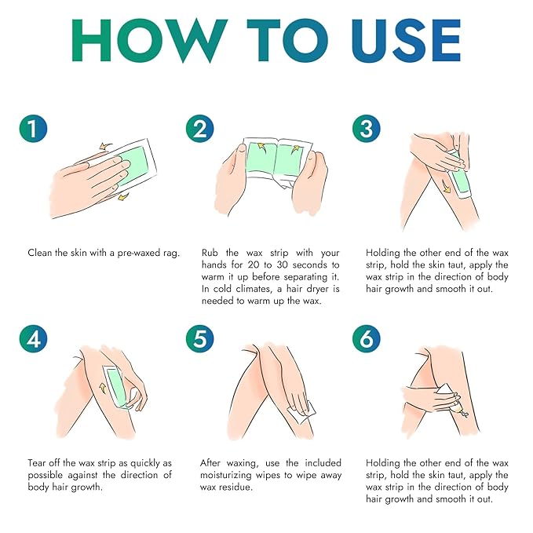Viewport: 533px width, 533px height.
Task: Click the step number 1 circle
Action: click(x=33, y=129)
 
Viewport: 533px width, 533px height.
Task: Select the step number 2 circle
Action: click(x=200, y=129)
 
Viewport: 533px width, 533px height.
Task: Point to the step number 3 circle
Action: click(x=366, y=129)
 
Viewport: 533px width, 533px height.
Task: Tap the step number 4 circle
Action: click(x=33, y=339)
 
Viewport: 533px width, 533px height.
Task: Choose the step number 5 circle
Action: click(x=200, y=339)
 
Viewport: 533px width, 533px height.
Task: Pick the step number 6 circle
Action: click(x=366, y=339)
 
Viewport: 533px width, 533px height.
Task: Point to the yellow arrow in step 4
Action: click(x=103, y=388)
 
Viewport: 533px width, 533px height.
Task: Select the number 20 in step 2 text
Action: click(x=254, y=265)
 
